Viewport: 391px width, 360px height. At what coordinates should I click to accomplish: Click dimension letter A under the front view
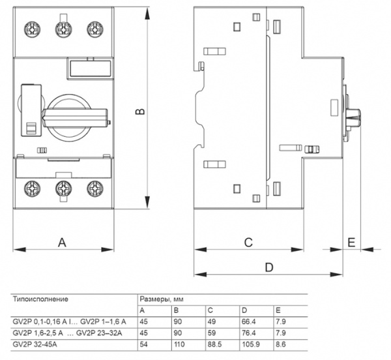point(62,242)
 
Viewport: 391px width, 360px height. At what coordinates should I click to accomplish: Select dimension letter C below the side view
point(248,242)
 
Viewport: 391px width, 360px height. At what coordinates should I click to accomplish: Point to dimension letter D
point(269,267)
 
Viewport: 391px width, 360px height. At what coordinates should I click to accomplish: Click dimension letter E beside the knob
point(351,242)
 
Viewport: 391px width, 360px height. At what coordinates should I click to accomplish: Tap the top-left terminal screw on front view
point(33,30)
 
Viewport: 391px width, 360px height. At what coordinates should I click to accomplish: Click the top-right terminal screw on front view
point(95,30)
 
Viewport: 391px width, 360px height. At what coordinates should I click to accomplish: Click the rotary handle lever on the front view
point(76,118)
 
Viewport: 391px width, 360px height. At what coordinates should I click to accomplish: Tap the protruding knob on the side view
point(353,118)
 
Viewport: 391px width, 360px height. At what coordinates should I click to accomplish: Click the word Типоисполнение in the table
point(40,299)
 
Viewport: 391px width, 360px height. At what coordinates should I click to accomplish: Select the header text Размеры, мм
point(162,299)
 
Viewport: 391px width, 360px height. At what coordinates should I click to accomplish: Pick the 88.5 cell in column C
point(214,344)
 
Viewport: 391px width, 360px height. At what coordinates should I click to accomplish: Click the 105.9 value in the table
point(251,344)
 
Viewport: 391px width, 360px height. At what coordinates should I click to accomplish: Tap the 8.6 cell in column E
point(280,344)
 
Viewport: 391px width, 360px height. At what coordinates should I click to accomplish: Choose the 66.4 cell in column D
point(249,322)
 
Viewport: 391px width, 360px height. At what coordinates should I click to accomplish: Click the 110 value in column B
point(179,344)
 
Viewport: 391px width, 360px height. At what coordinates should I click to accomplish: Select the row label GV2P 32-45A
point(35,344)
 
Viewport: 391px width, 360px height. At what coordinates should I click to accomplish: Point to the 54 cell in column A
point(143,344)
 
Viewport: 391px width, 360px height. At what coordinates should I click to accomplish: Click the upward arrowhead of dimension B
point(148,14)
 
